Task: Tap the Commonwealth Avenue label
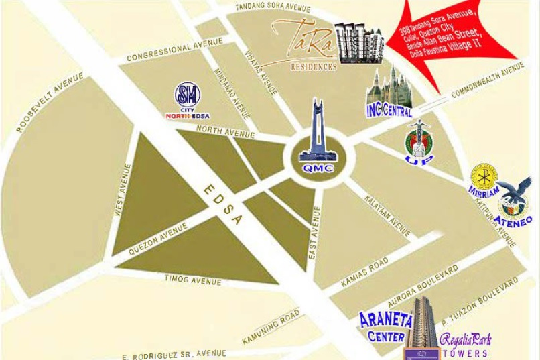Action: [487, 80]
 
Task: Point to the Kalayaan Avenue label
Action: [388, 216]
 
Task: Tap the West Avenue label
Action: [122, 189]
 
